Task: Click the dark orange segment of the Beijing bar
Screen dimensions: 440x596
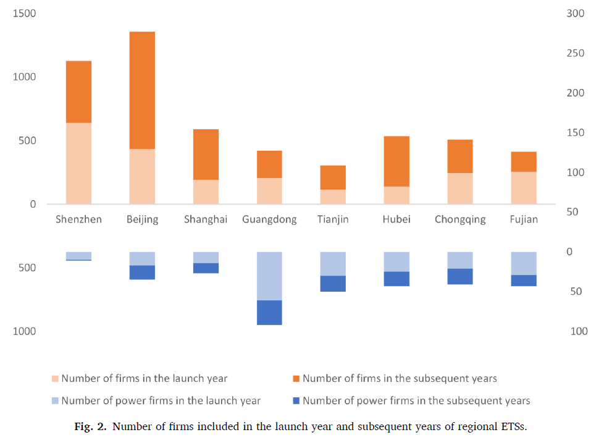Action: (x=142, y=90)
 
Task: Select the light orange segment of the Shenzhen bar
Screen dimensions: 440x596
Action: (x=78, y=163)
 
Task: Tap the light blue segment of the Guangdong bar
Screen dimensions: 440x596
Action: (x=269, y=276)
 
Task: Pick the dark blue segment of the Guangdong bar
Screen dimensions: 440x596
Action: (x=269, y=313)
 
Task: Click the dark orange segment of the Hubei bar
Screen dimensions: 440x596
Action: (x=397, y=161)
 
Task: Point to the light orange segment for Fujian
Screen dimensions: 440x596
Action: (x=524, y=188)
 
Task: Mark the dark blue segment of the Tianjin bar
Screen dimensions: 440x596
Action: (x=333, y=284)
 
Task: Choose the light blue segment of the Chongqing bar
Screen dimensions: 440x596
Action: (x=460, y=260)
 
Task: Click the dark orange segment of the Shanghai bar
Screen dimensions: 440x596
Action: (x=206, y=154)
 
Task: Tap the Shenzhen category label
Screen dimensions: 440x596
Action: (x=78, y=219)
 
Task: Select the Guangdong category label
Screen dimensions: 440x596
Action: (x=269, y=219)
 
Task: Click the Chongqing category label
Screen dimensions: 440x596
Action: (x=460, y=219)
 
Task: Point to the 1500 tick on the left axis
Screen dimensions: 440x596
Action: (x=24, y=14)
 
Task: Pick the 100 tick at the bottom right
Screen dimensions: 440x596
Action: (x=579, y=332)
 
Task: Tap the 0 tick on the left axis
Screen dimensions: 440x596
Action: (x=33, y=205)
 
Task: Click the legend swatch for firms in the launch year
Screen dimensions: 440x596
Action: (x=56, y=379)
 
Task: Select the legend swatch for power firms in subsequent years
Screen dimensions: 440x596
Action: (x=296, y=401)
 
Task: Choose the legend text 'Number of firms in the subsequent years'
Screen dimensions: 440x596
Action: (x=400, y=379)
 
